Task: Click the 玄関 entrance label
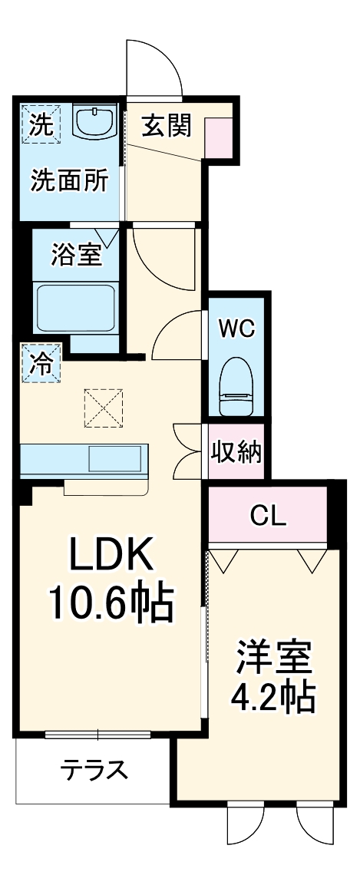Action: [x=165, y=126]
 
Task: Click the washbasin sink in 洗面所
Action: [x=94, y=122]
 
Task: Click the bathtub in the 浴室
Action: [x=77, y=307]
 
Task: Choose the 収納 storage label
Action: [x=236, y=451]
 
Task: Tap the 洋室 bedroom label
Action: [x=272, y=656]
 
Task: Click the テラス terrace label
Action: [x=94, y=769]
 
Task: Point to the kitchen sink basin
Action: [x=115, y=459]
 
